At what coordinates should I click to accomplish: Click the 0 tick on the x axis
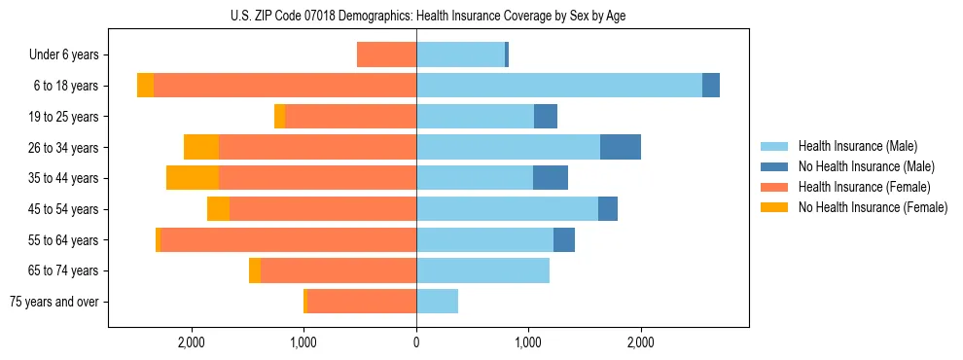click(x=416, y=342)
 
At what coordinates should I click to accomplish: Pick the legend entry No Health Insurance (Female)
click(x=873, y=207)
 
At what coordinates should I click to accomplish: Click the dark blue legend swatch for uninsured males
click(x=775, y=166)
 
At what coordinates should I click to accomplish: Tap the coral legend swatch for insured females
click(x=775, y=187)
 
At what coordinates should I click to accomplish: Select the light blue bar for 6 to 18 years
click(x=559, y=86)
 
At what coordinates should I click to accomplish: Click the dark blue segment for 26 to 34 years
click(x=621, y=147)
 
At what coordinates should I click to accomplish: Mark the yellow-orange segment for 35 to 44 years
click(x=193, y=178)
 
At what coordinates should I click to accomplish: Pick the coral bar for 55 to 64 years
click(x=288, y=239)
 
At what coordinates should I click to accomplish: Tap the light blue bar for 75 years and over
click(x=437, y=302)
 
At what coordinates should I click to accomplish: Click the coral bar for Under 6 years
click(x=386, y=54)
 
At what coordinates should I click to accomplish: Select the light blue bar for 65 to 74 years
click(x=482, y=270)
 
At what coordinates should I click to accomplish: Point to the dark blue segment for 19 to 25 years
click(x=546, y=117)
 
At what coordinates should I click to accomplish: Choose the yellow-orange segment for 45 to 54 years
click(x=218, y=209)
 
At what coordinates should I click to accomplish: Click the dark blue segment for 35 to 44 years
click(x=551, y=178)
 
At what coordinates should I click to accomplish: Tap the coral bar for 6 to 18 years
click(x=285, y=86)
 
